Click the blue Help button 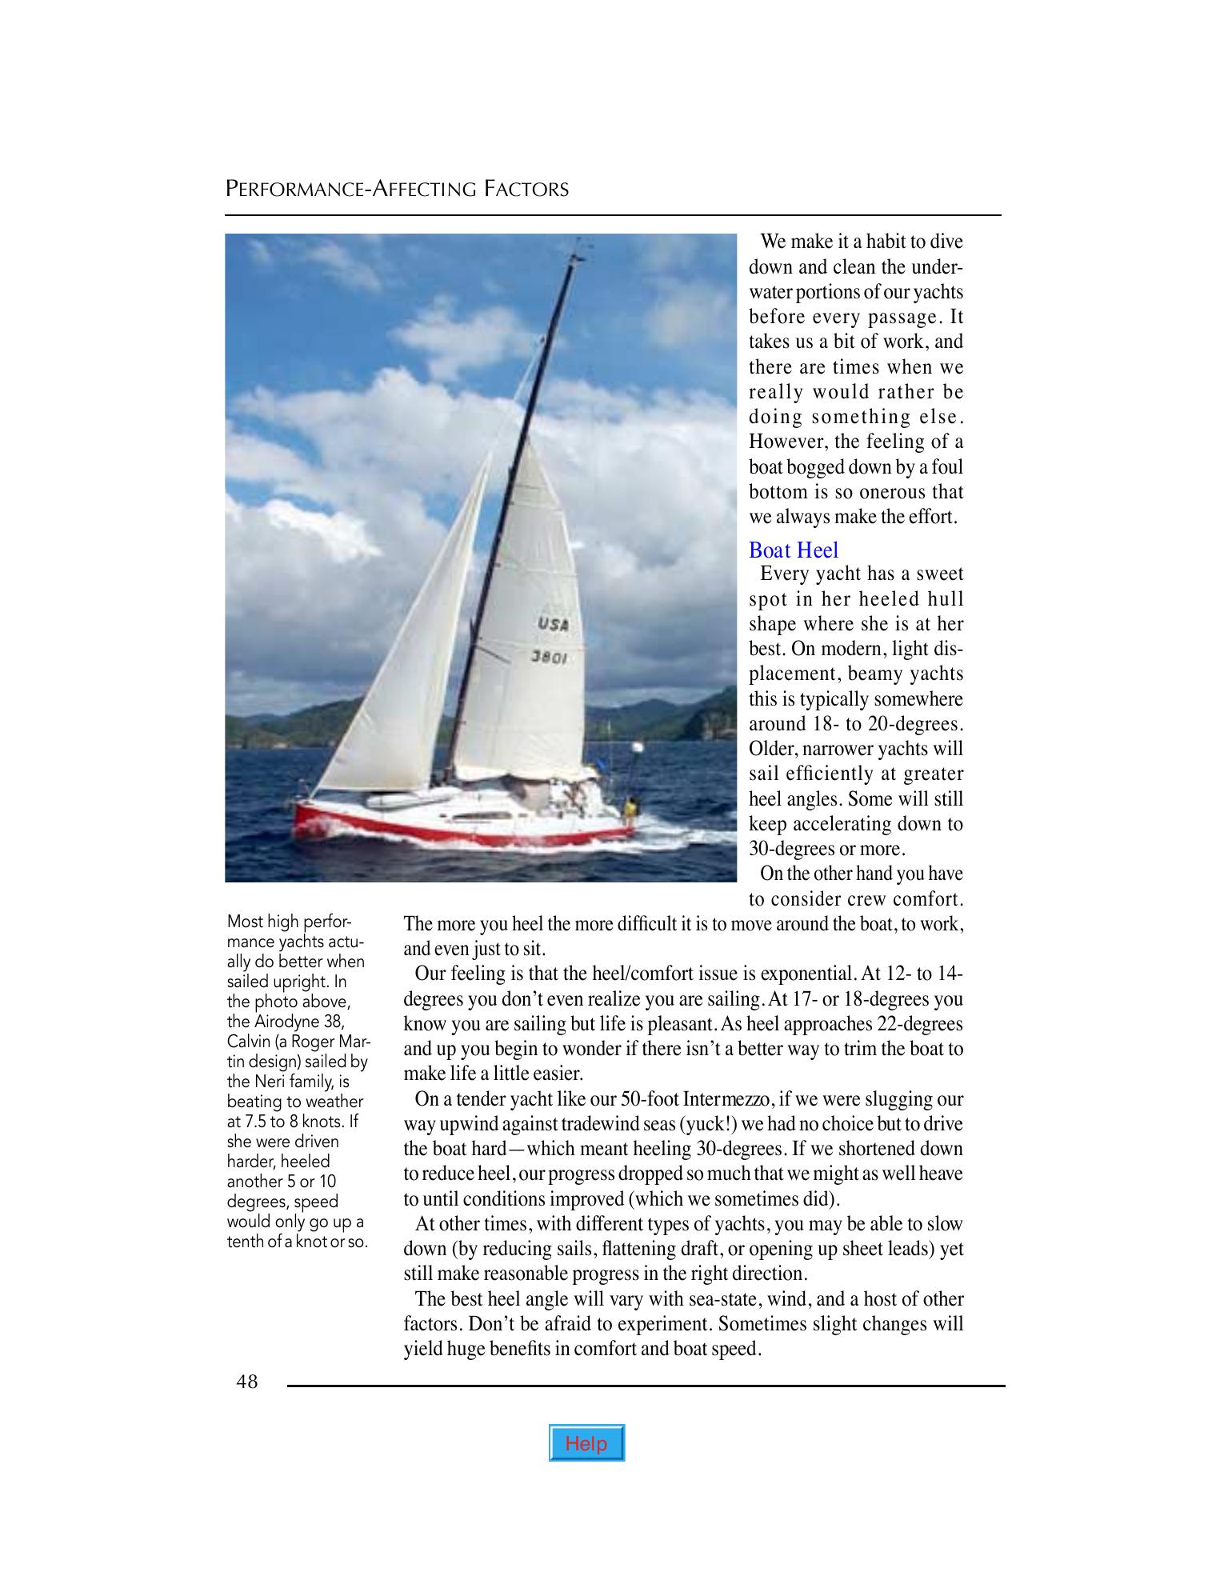pyautogui.click(x=586, y=1444)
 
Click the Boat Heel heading pyautogui.click(x=794, y=550)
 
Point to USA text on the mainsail pyautogui.click(x=553, y=624)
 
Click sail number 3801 pyautogui.click(x=550, y=658)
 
